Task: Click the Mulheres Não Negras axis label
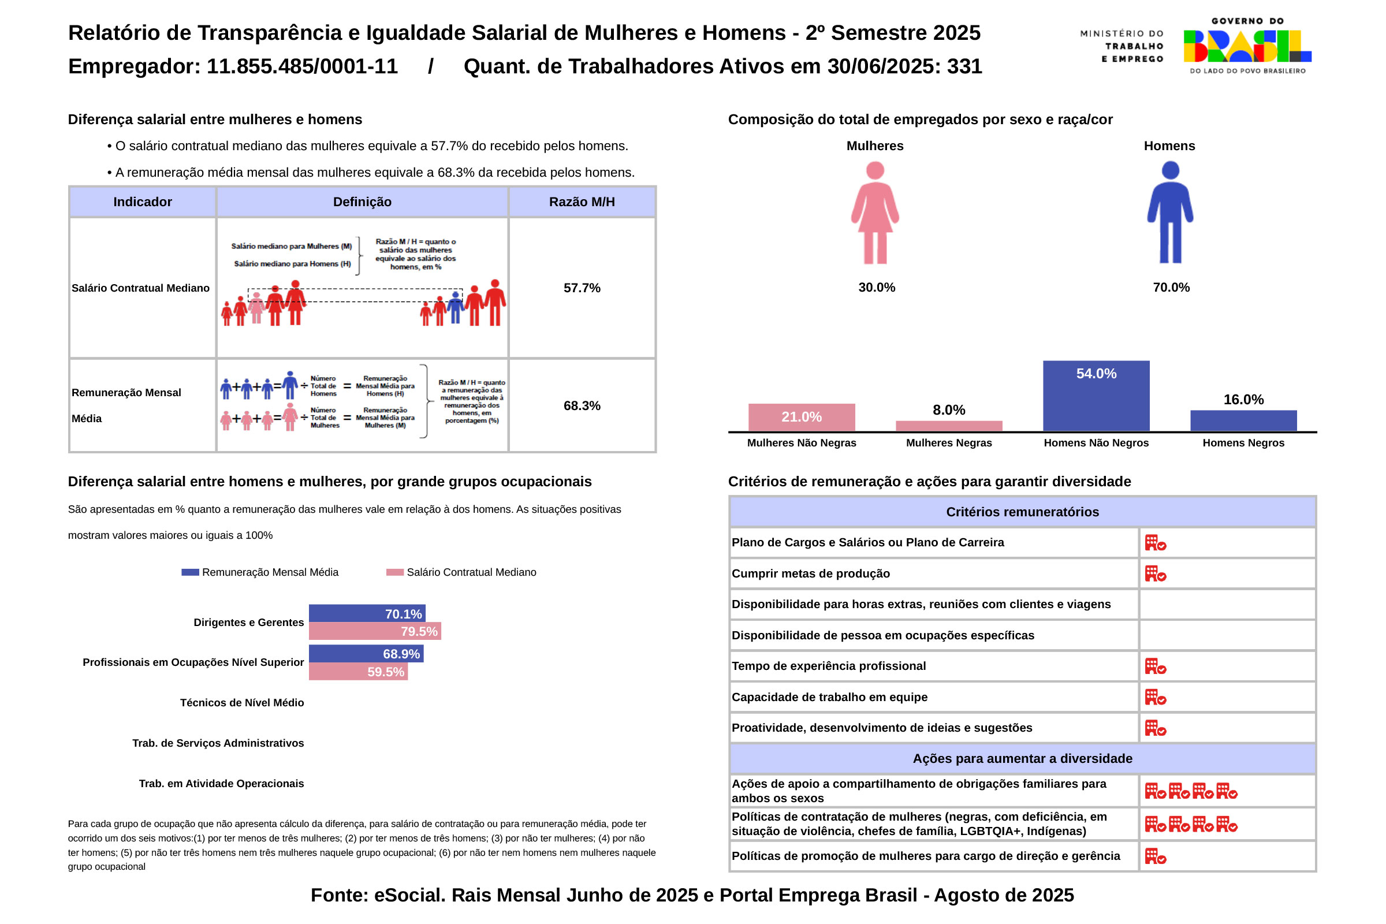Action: click(x=802, y=443)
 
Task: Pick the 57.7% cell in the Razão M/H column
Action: click(x=582, y=288)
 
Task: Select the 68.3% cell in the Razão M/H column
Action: click(x=582, y=405)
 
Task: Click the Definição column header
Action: click(x=362, y=202)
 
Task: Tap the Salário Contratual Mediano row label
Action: click(x=141, y=288)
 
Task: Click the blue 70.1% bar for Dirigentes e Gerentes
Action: click(x=367, y=613)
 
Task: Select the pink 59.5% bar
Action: click(x=357, y=672)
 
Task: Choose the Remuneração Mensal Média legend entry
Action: click(x=260, y=572)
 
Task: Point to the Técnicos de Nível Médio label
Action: click(x=241, y=702)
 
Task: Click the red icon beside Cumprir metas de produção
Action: click(x=1155, y=573)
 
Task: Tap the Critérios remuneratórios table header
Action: click(x=1022, y=512)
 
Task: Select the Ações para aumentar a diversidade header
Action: click(x=1022, y=758)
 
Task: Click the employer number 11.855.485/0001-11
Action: click(x=302, y=66)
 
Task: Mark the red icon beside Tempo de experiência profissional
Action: click(x=1155, y=666)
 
